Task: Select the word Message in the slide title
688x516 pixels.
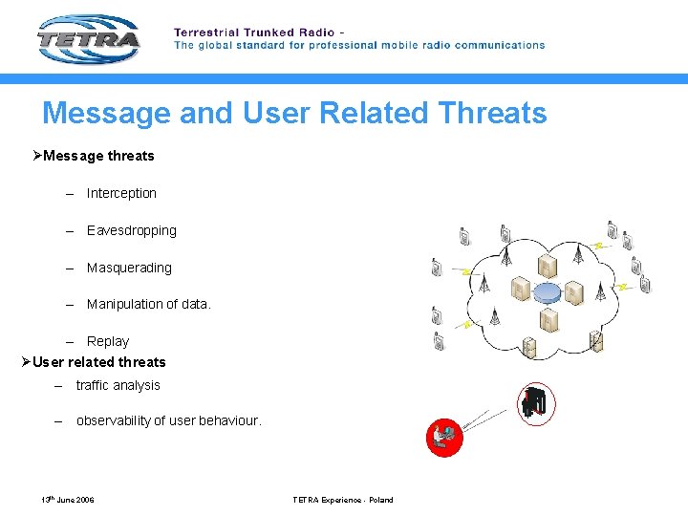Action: point(102,113)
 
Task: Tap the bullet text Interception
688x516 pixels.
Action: point(121,193)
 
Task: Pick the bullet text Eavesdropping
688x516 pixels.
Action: point(132,230)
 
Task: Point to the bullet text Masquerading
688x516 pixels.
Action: point(129,268)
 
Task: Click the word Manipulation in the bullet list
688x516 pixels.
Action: point(124,304)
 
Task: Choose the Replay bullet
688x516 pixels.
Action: point(107,341)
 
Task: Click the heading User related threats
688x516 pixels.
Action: point(98,362)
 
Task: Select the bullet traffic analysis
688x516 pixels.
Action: point(118,385)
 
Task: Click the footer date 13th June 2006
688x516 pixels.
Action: point(67,500)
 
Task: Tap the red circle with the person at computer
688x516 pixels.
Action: point(443,438)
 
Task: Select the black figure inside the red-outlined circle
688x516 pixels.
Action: point(535,403)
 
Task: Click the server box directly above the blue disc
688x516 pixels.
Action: point(548,265)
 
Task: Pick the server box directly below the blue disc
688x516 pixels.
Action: point(548,320)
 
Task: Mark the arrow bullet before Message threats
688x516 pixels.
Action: point(37,156)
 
